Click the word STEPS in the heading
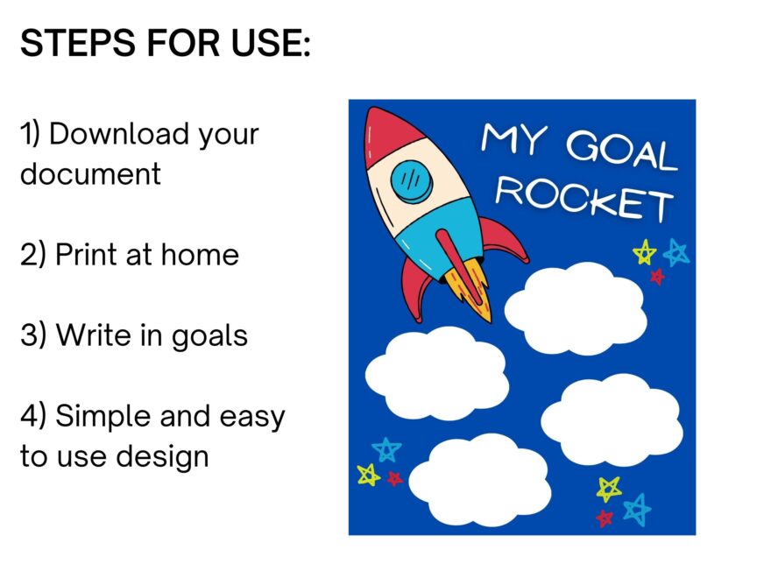(77, 43)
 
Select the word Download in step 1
(119, 133)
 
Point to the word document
(90, 173)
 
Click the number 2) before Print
(33, 255)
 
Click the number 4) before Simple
(33, 416)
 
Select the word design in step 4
(163, 458)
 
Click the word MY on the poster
(513, 138)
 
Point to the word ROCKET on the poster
(584, 198)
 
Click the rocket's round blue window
(412, 181)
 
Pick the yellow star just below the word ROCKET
(645, 252)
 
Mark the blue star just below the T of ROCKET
(676, 252)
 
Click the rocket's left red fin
(415, 290)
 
